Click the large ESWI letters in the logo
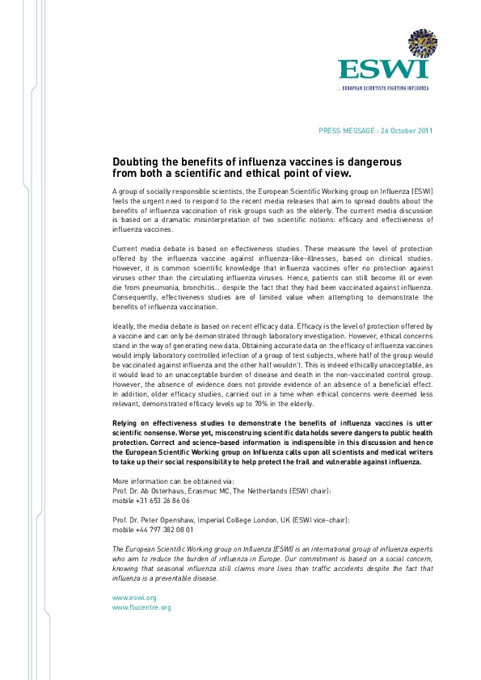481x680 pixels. pos(383,67)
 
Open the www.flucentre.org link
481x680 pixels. pos(141,607)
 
